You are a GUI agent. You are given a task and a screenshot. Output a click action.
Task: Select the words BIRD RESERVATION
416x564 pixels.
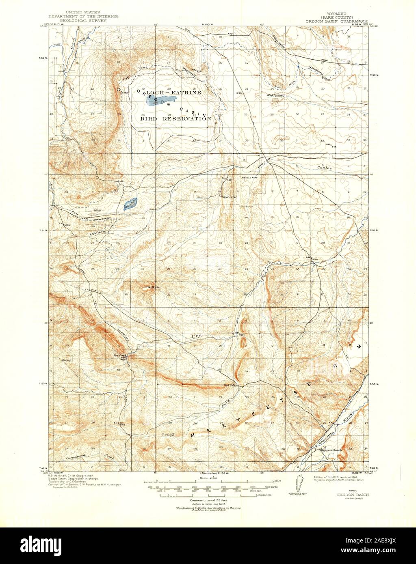pos(176,119)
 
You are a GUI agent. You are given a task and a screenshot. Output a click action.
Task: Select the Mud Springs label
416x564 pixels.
pos(275,95)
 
